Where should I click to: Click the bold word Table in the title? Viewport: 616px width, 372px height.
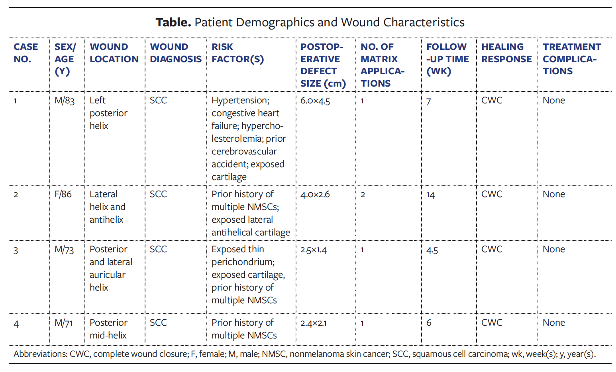coord(173,22)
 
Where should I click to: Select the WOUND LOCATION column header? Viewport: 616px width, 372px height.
coord(114,53)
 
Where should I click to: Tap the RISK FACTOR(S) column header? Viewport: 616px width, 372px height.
coord(237,53)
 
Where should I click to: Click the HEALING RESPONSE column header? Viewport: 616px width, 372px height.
coord(506,53)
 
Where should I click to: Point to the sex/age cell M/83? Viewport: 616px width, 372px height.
coord(65,101)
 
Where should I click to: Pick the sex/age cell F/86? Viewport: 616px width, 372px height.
coord(63,194)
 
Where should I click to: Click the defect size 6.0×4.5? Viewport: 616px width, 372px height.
coord(315,101)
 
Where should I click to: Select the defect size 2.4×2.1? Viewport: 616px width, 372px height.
coord(314,323)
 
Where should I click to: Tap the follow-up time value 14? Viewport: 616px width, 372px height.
coord(430,195)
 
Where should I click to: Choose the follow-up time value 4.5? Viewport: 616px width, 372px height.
coord(432,250)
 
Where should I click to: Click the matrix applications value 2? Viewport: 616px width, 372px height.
coord(363,195)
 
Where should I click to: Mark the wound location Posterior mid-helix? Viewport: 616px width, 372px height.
coord(108,329)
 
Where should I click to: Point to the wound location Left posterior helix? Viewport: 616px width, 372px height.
coord(108,113)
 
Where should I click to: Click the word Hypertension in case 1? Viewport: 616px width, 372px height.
coord(240,101)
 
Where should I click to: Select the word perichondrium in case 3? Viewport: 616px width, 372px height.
coord(243,262)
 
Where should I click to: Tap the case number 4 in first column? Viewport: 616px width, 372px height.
coord(16,324)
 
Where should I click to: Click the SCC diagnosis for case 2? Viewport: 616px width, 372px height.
coord(158,194)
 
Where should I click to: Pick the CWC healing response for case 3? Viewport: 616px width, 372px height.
coord(492,249)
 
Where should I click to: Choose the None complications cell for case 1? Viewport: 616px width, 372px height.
coord(553,101)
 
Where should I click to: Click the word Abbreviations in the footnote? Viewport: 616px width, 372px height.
coord(40,354)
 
